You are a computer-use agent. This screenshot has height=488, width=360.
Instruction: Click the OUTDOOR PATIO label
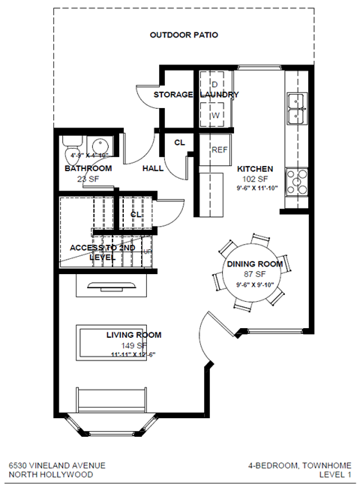pos(184,35)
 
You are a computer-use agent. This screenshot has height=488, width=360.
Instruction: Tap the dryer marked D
pos(214,83)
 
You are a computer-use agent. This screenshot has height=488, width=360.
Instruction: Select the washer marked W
pos(214,115)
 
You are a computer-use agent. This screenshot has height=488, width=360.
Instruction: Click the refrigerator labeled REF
pos(218,149)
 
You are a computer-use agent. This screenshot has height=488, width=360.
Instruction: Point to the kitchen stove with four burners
pos(297,180)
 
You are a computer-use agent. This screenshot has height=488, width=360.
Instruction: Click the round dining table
pos(254,273)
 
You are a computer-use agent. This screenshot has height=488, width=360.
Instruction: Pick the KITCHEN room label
pos(255,169)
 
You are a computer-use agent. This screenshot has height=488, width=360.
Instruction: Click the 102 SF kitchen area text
pos(255,179)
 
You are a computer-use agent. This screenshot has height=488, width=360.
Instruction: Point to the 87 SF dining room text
pos(255,275)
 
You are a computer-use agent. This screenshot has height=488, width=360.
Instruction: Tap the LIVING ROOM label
pos(133,335)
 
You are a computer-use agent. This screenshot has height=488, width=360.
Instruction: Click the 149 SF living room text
pos(133,345)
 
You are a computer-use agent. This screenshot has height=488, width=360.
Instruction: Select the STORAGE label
pos(174,95)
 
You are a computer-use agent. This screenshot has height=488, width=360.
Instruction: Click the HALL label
pos(153,168)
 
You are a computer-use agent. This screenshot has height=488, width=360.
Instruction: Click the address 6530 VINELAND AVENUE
pos(52,465)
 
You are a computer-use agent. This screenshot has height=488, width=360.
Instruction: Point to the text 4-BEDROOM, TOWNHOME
pos(299,465)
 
